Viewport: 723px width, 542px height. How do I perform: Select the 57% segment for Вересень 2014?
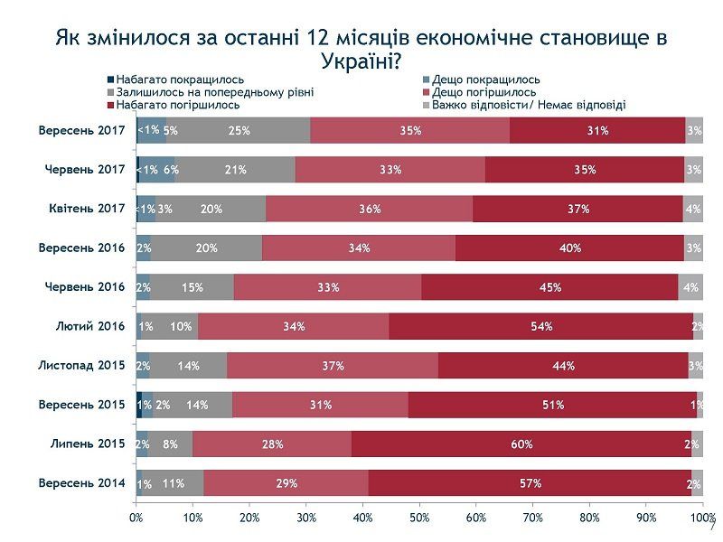tap(530, 483)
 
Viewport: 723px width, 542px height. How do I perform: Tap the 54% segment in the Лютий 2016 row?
tap(540, 326)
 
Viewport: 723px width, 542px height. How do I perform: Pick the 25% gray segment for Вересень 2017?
tap(239, 130)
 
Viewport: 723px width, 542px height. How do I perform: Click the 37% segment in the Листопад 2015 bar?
tap(333, 366)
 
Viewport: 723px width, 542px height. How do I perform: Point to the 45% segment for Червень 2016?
tap(549, 287)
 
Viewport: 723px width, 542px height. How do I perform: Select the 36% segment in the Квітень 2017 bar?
tap(369, 209)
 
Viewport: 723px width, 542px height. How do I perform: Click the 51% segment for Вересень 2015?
tap(552, 405)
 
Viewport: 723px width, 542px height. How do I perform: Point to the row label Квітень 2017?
tap(87, 209)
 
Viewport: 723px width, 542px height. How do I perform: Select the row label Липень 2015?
tap(89, 444)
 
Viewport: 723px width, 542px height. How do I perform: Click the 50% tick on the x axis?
tap(419, 518)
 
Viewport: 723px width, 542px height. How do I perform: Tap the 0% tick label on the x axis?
tap(136, 518)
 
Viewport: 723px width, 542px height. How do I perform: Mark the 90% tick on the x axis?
tap(646, 518)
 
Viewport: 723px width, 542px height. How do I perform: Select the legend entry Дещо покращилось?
tap(485, 79)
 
